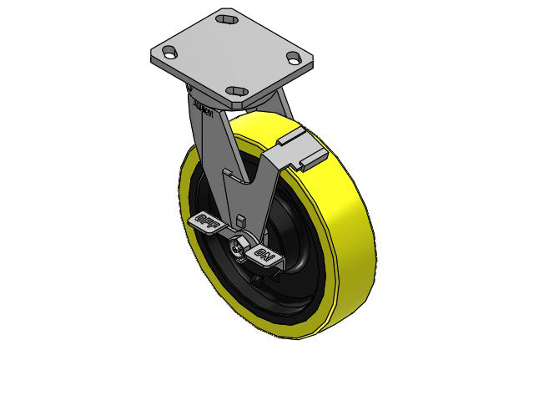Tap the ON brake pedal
point(264,256)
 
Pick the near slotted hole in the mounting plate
point(238,91)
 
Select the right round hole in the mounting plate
point(294,57)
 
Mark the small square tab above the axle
point(240,220)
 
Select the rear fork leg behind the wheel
point(285,104)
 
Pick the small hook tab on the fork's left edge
point(224,173)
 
